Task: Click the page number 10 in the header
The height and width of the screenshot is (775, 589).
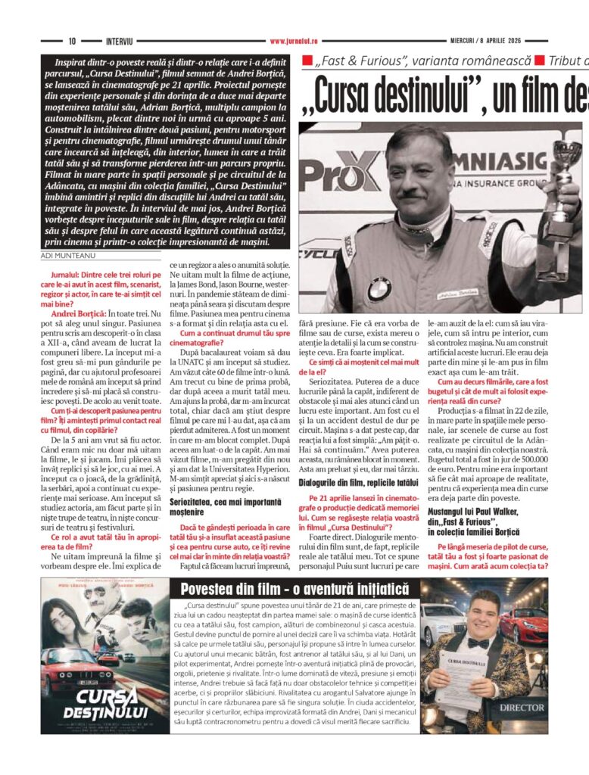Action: click(73, 41)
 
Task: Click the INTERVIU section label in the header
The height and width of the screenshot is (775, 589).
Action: click(120, 41)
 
